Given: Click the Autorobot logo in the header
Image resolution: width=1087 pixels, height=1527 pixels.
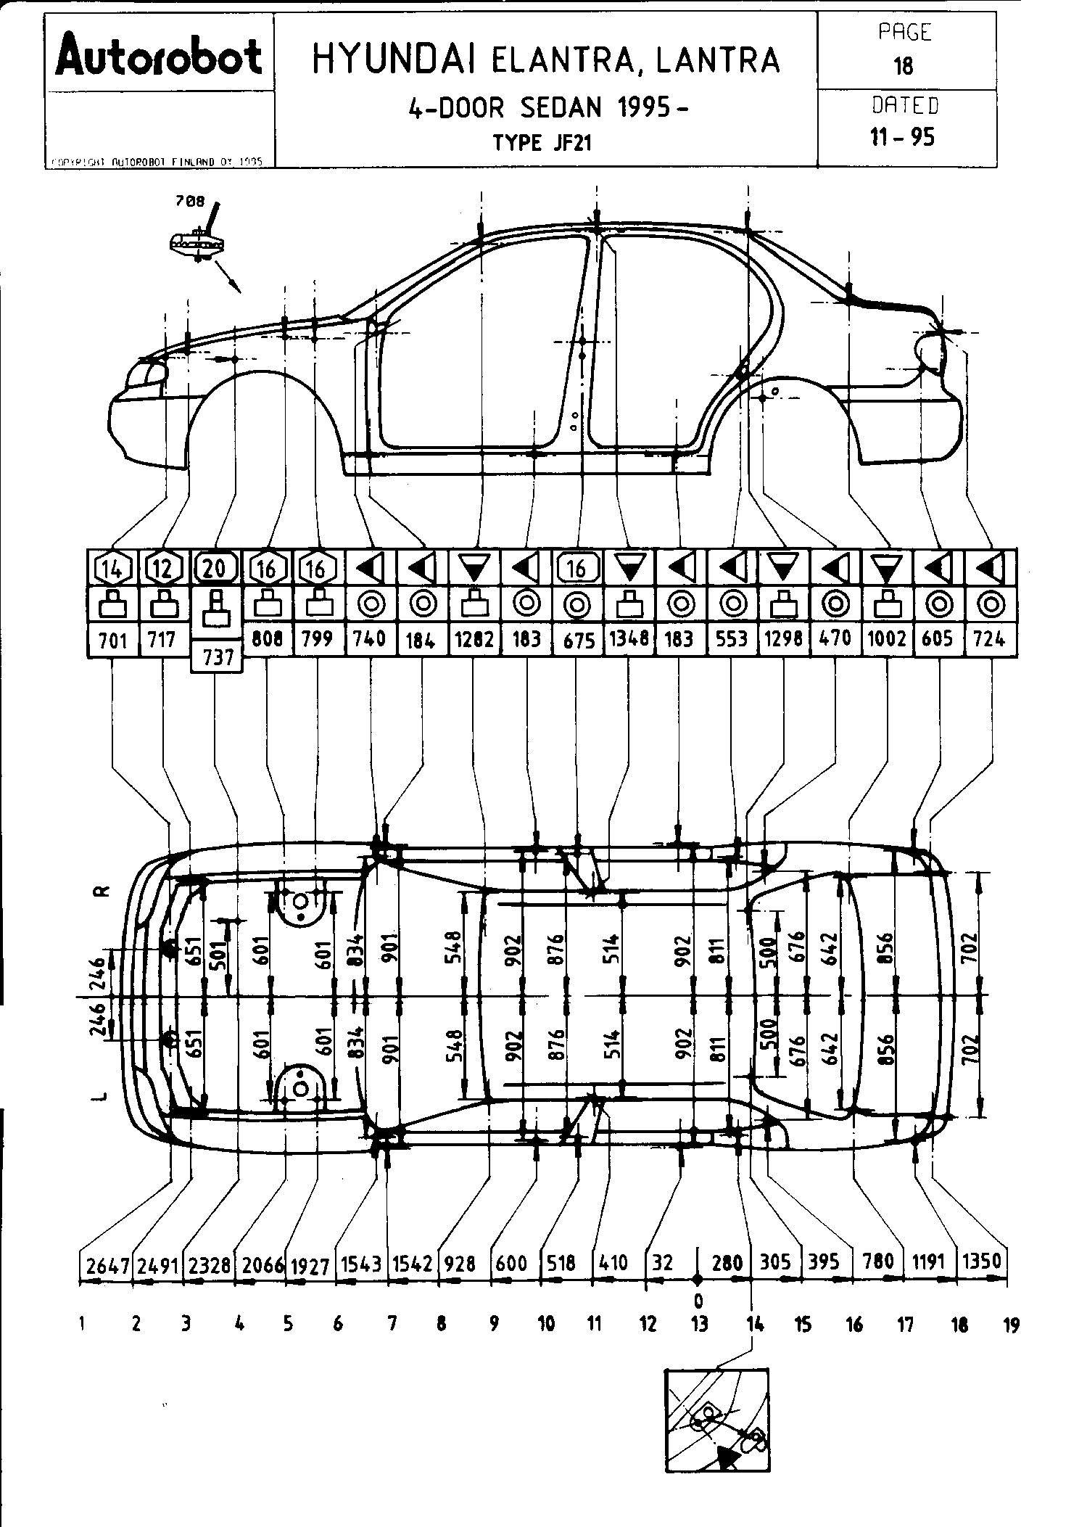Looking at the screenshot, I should (x=159, y=56).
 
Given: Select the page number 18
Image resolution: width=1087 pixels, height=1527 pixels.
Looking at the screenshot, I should (x=904, y=67).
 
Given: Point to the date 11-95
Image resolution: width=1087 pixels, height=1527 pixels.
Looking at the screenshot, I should (x=904, y=137).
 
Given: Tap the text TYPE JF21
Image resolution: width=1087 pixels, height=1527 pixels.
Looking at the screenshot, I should (x=542, y=143).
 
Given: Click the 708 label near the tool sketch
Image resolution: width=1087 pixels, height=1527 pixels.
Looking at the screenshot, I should (x=190, y=202).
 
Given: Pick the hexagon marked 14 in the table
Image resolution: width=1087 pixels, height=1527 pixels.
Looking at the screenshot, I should (x=112, y=569).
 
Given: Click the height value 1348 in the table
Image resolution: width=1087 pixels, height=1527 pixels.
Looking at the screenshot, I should (x=629, y=639).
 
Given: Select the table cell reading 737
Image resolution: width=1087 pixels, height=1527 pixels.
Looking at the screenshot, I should (x=217, y=657).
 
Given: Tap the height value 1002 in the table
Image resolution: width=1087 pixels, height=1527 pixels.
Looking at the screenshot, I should (x=887, y=639).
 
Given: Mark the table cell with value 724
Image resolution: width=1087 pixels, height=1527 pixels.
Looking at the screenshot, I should (x=990, y=639).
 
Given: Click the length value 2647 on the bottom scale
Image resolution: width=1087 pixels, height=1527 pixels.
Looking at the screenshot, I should (x=107, y=1266).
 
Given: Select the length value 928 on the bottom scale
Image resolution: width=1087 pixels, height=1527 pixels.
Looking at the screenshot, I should (x=460, y=1263).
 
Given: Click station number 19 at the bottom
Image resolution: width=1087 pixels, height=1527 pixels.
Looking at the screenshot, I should (x=1010, y=1325).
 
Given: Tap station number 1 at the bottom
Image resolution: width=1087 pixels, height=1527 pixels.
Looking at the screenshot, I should (x=83, y=1325).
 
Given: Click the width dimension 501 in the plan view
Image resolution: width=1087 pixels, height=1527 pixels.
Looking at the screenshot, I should (x=220, y=955).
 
